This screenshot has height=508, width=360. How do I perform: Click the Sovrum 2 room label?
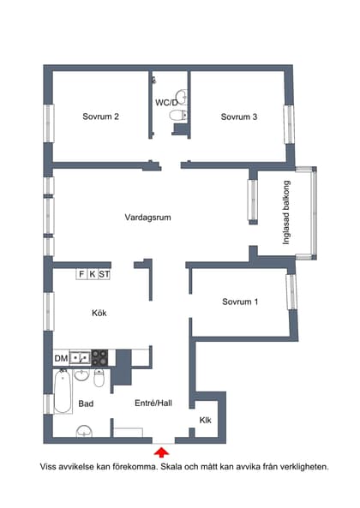pyautogui.click(x=100, y=117)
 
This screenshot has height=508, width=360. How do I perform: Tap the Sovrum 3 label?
pyautogui.click(x=239, y=117)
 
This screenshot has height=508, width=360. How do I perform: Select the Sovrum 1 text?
pyautogui.click(x=240, y=302)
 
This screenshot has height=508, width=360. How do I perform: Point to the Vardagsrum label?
pyautogui.click(x=147, y=218)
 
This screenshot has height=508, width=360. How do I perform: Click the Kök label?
pyautogui.click(x=99, y=314)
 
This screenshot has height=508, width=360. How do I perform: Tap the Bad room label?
pyautogui.click(x=86, y=403)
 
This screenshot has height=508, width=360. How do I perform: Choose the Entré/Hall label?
pyautogui.click(x=155, y=403)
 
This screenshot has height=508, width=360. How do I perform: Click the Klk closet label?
pyautogui.click(x=206, y=420)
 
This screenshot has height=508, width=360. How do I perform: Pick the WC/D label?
pyautogui.click(x=167, y=102)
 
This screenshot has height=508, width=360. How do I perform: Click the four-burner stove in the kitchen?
pyautogui.click(x=99, y=356)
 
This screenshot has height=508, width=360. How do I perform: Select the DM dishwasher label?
pyautogui.click(x=61, y=357)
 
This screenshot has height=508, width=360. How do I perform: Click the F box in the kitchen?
pyautogui.click(x=81, y=274)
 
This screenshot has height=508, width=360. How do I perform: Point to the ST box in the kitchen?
pyautogui.click(x=105, y=274)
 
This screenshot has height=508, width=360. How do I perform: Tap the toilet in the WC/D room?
pyautogui.click(x=176, y=114)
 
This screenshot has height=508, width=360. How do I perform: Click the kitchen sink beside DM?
pyautogui.click(x=80, y=356)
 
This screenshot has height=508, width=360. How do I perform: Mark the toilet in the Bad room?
pyautogui.click(x=99, y=378)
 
